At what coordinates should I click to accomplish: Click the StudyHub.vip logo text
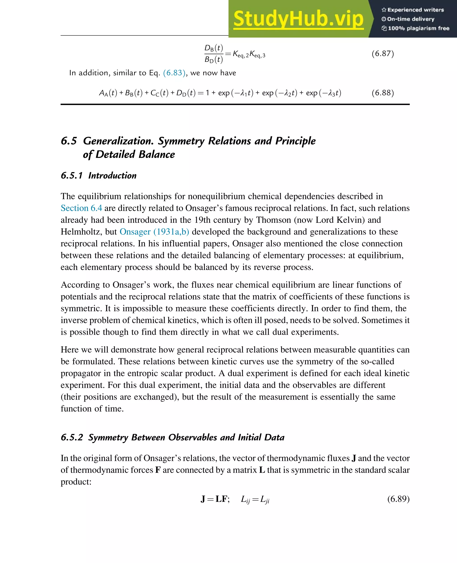298,19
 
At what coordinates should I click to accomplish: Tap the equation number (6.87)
382,54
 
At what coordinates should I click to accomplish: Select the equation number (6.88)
382,93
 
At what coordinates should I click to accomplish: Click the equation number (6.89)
398,499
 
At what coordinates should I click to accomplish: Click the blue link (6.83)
174,73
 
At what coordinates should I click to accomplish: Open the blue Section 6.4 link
81,208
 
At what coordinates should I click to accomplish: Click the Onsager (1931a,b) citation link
154,232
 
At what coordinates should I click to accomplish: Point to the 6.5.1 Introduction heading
99,175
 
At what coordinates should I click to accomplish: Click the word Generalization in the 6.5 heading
118,141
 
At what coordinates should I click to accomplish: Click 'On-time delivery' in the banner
410,19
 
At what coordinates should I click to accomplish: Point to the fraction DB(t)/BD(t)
214,54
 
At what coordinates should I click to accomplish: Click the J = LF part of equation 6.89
215,499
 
